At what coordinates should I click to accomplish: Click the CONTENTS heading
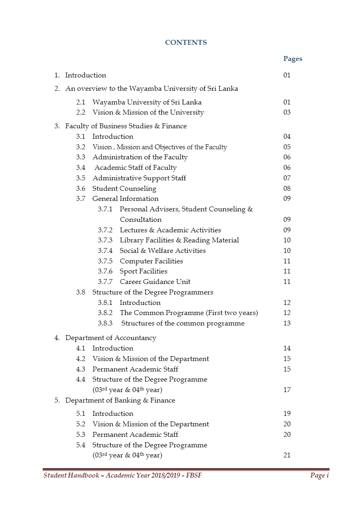[186, 42]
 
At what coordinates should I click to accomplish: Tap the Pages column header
[292, 59]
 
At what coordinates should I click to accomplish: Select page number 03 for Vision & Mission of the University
[287, 113]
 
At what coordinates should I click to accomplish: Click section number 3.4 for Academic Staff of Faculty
[81, 168]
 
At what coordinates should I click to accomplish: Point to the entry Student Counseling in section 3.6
[124, 189]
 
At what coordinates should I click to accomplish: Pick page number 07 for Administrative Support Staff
[287, 178]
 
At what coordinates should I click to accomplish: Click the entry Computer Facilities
[151, 261]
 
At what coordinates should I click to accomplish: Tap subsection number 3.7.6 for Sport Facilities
[105, 271]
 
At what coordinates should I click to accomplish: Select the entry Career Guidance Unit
[155, 282]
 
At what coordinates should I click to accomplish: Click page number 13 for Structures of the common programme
[287, 323]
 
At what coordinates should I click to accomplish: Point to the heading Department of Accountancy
[110, 338]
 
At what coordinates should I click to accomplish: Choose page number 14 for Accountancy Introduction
[287, 348]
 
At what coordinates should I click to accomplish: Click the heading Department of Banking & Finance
[120, 401]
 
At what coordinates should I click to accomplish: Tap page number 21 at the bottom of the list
[287, 455]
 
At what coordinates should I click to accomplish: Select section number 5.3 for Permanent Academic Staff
[81, 435]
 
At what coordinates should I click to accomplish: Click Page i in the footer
[319, 476]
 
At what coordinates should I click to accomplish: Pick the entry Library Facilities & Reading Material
[179, 240]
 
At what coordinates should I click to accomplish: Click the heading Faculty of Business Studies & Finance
[126, 126]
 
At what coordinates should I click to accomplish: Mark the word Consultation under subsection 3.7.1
[140, 220]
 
